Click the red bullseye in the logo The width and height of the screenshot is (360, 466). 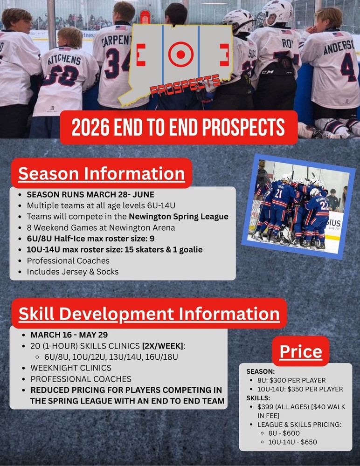click(x=180, y=55)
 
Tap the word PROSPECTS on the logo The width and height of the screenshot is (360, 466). click(x=185, y=86)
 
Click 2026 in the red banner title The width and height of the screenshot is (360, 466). click(x=90, y=128)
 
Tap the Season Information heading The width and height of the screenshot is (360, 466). click(x=102, y=173)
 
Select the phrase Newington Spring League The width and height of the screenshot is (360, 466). click(x=179, y=217)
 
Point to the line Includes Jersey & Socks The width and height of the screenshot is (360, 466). click(x=73, y=272)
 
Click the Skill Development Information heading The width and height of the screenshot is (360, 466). click(x=149, y=314)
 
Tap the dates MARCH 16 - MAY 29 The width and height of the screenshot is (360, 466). click(x=69, y=335)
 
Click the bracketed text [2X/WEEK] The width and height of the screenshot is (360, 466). click(x=162, y=346)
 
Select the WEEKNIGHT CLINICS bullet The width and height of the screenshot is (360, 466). click(x=71, y=368)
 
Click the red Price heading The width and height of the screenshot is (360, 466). click(x=301, y=351)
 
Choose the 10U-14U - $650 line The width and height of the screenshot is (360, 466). click(x=292, y=442)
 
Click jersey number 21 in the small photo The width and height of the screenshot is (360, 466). click(x=278, y=193)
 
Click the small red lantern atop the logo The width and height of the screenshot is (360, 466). click(x=145, y=17)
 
